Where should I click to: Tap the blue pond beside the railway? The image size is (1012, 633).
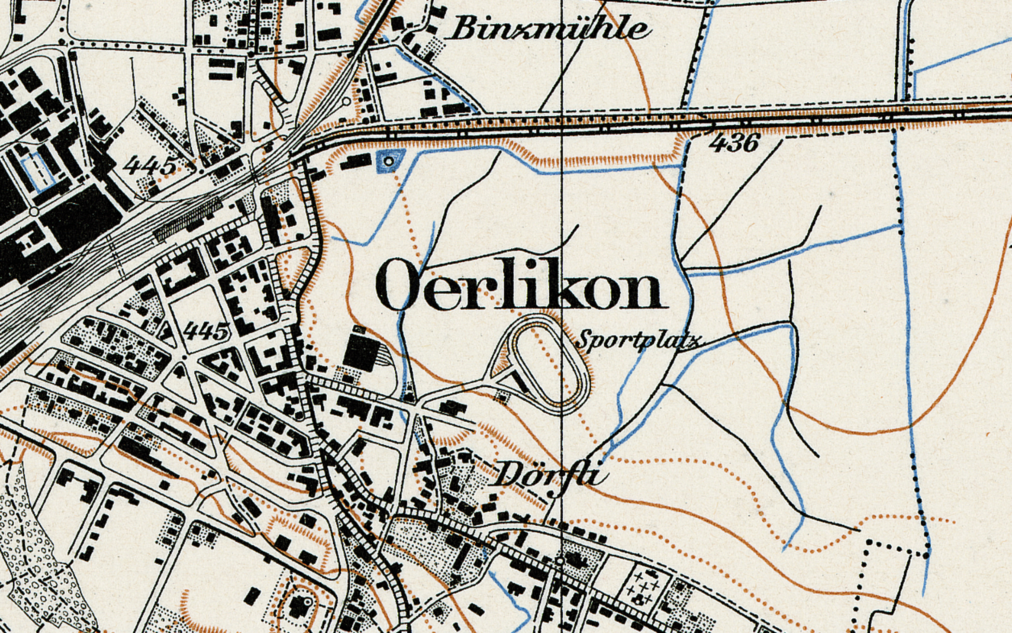390,160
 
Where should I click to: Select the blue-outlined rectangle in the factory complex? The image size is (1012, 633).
38,172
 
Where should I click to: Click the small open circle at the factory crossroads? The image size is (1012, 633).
34,212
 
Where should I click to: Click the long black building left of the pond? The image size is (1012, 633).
356,161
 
